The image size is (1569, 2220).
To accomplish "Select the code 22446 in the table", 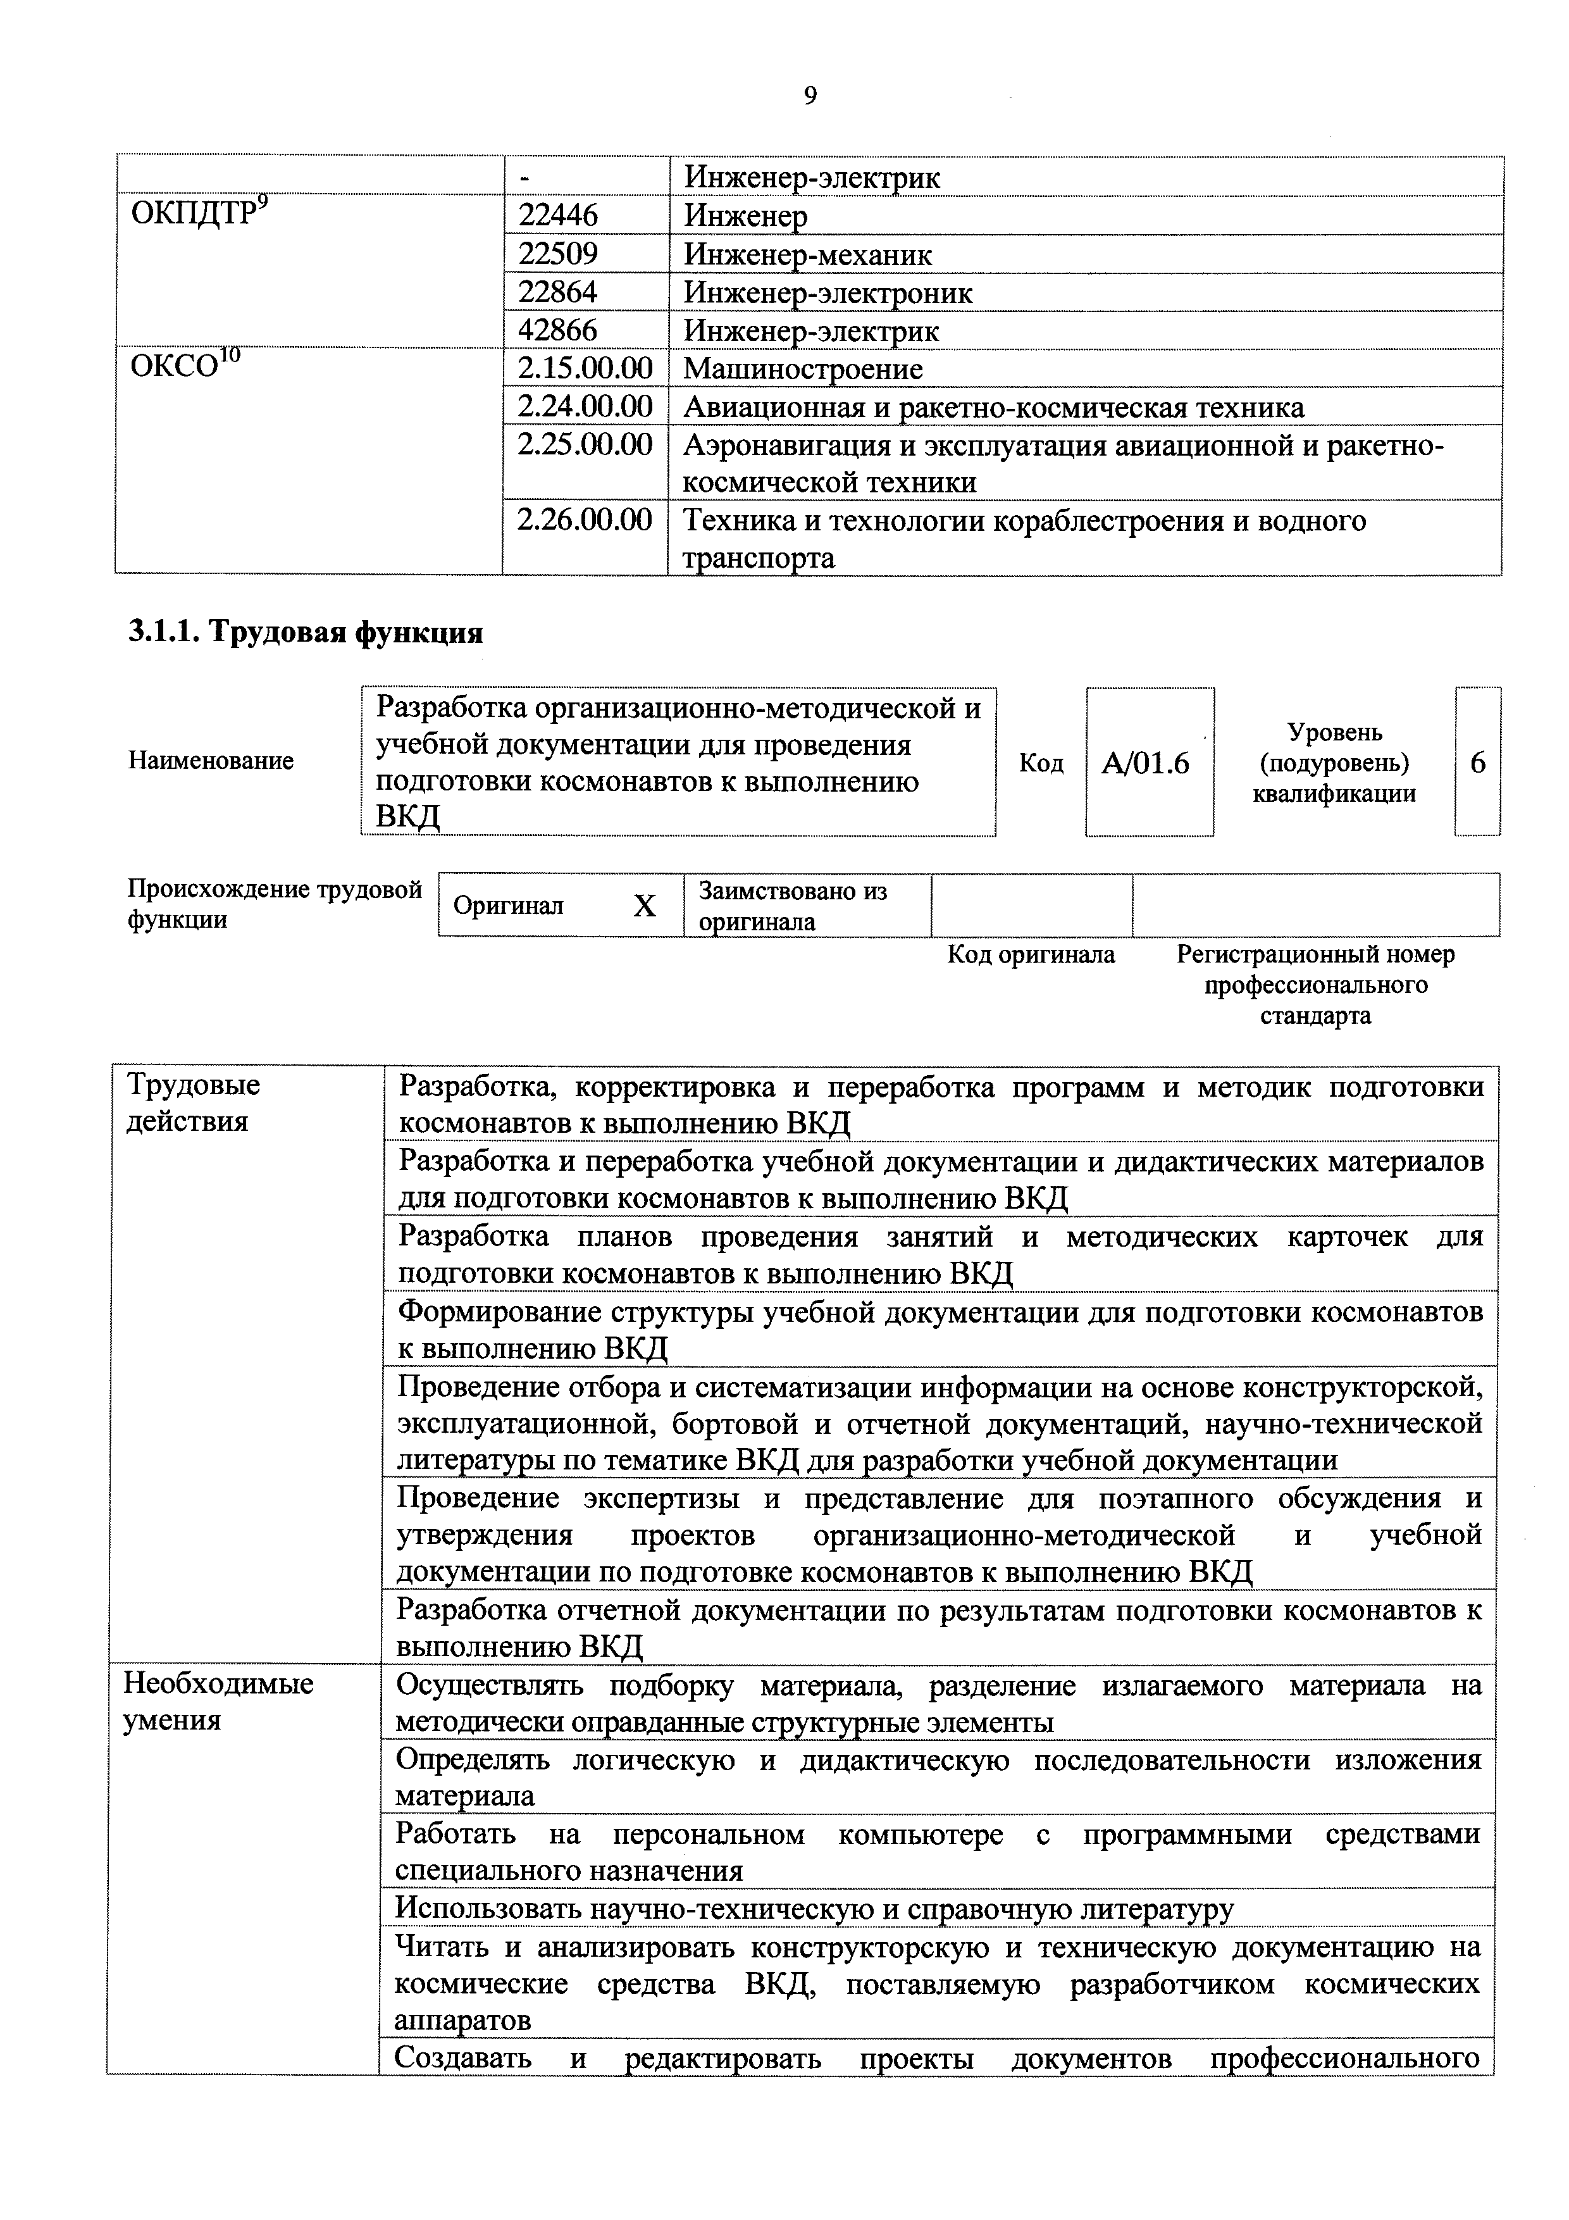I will point(558,215).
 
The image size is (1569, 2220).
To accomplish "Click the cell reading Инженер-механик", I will point(808,254).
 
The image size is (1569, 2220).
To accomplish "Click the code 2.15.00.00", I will point(585,368).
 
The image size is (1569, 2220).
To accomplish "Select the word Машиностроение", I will point(802,368).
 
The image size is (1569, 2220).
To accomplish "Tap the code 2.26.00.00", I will point(585,520).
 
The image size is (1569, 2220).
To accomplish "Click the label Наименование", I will point(211,761).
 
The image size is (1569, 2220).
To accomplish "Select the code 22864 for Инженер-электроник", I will point(558,292).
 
